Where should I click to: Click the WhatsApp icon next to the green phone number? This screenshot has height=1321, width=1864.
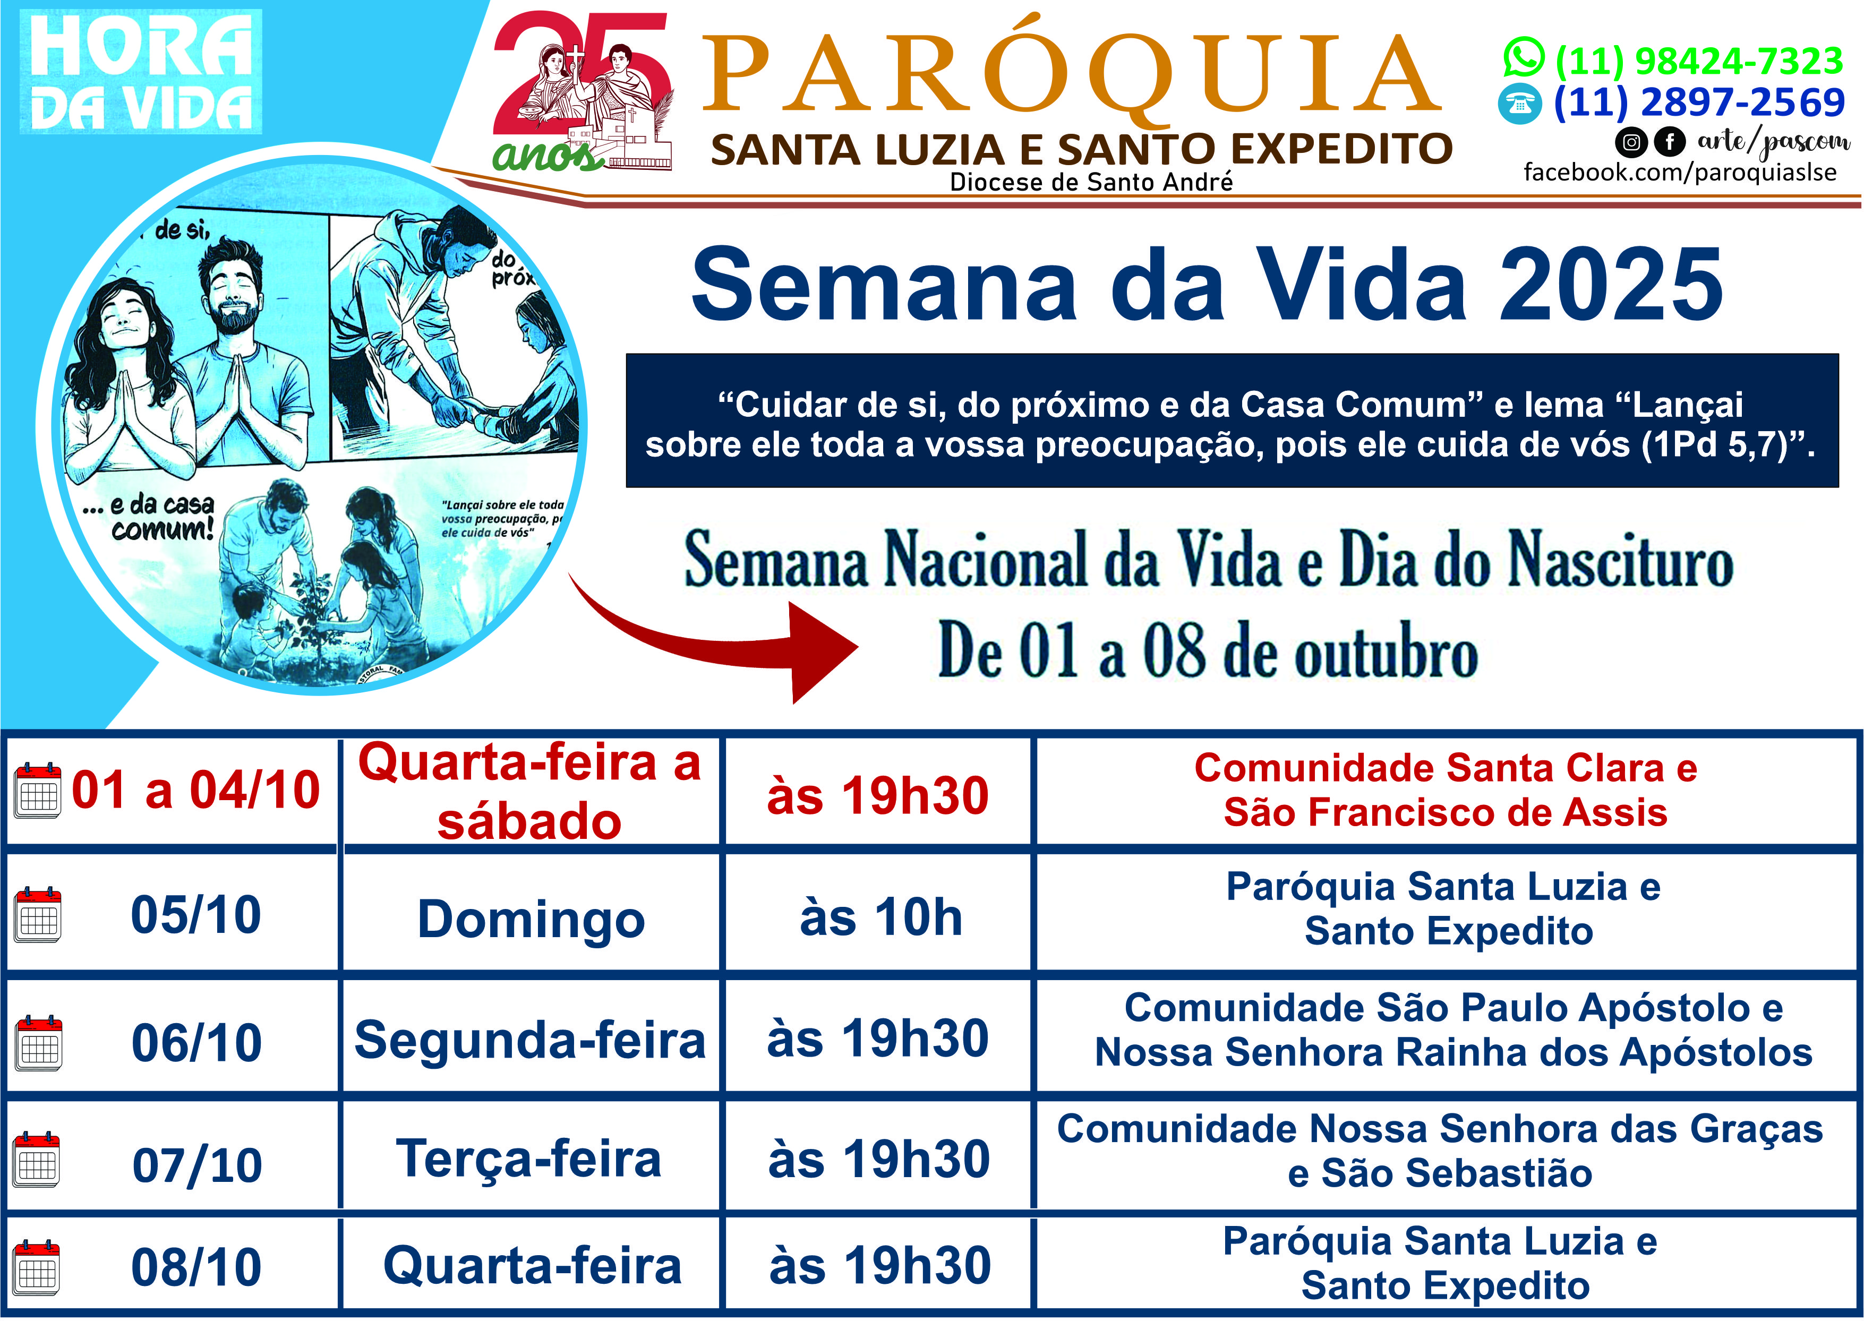pyautogui.click(x=1524, y=58)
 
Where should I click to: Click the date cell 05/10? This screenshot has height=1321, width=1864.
pyautogui.click(x=196, y=915)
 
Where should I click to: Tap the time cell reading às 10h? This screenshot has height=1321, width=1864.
pyautogui.click(x=881, y=917)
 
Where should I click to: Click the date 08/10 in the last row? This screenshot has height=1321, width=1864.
pyautogui.click(x=196, y=1267)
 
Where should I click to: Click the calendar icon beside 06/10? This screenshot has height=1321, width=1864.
pyautogui.click(x=38, y=1043)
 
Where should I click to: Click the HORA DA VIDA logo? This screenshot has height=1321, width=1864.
pyautogui.click(x=141, y=72)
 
